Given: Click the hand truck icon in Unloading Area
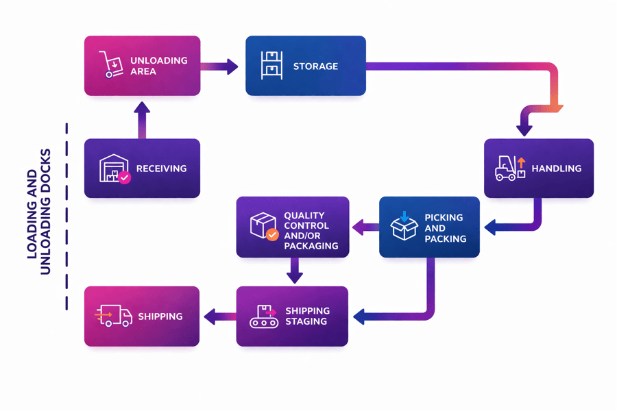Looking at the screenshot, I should point(110,64).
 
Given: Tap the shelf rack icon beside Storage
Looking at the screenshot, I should point(271,66).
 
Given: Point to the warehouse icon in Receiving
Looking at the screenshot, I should point(113,169).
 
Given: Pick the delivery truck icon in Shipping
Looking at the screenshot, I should point(113,316).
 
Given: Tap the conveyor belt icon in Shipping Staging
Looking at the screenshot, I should point(263,316).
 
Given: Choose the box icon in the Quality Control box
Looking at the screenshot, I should point(263,225).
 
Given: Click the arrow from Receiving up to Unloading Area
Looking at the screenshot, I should point(142,120).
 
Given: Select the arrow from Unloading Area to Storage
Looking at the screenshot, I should point(219,66).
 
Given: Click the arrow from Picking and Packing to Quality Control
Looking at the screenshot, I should point(365,227).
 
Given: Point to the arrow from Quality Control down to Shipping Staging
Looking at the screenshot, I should point(294,270).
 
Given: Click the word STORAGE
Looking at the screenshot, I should point(315,66).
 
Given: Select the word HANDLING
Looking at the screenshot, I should point(556,169).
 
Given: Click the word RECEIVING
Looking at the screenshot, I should point(161,169).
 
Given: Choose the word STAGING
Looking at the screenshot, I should point(306,321).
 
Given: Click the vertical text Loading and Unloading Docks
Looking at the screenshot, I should point(39,212).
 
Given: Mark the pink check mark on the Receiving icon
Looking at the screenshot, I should point(124,177).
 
